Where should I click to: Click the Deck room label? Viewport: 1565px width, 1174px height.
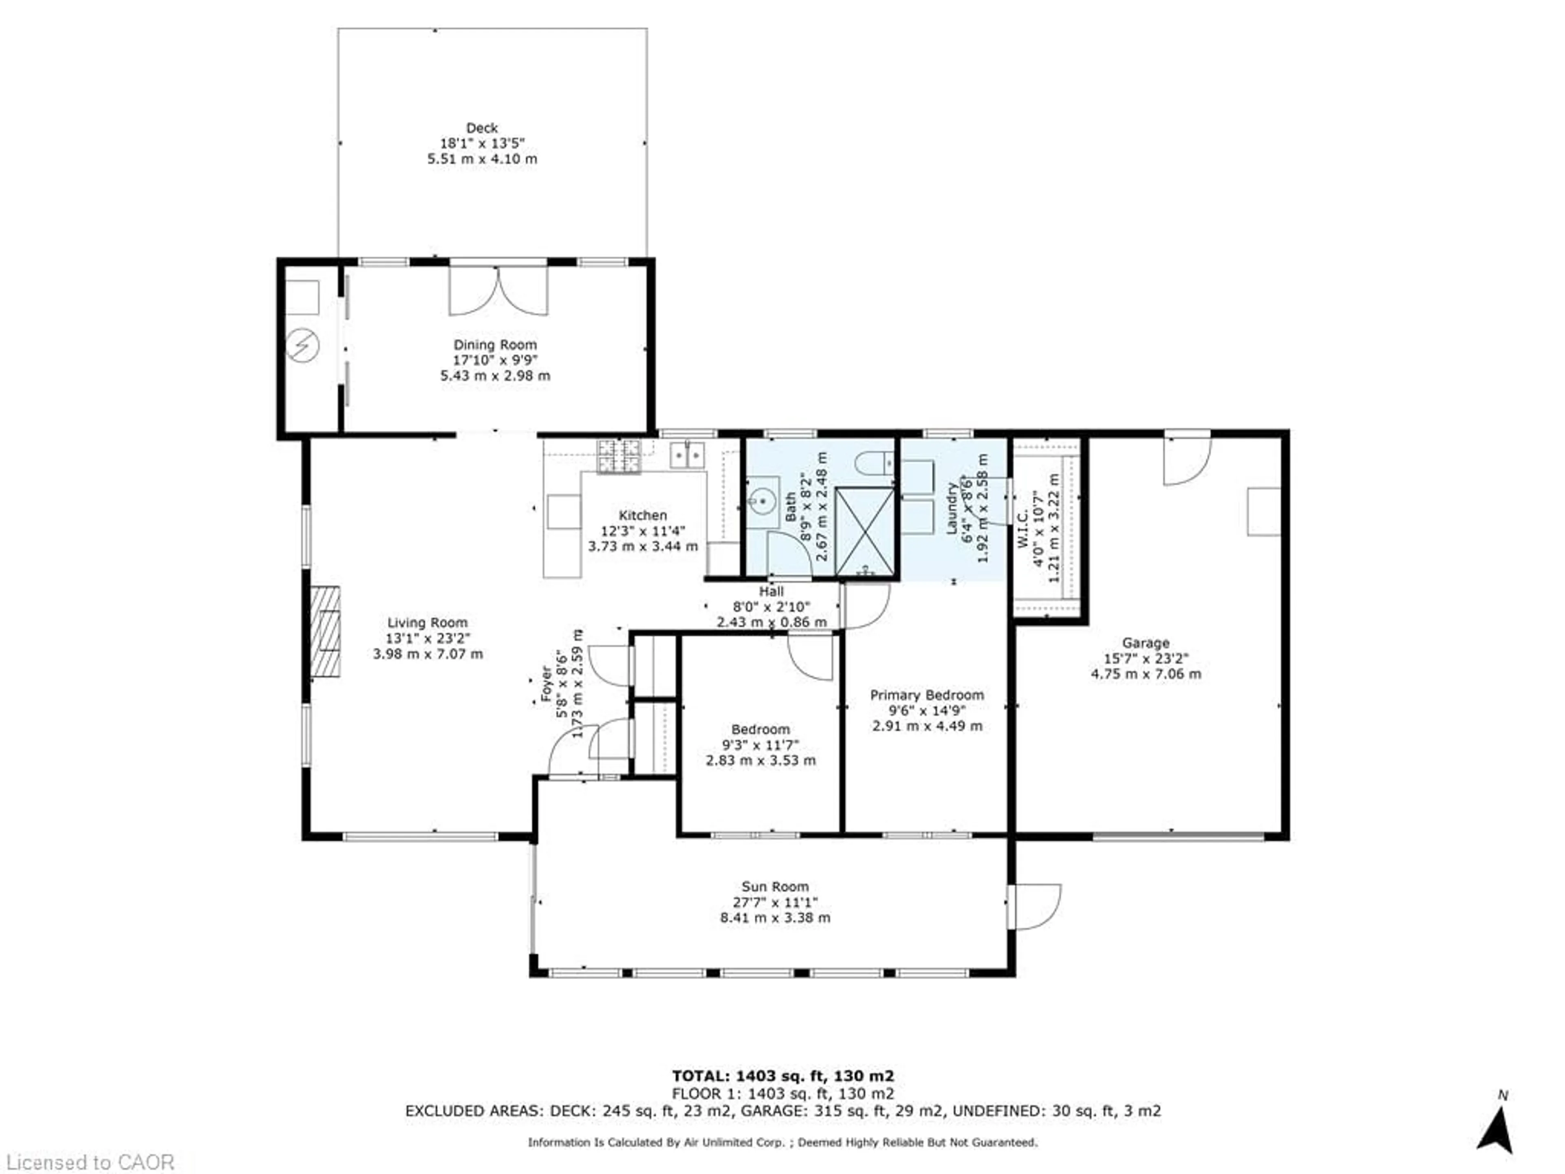point(482,128)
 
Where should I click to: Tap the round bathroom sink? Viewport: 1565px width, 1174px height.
point(762,503)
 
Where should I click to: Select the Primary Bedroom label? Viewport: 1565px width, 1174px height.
point(927,695)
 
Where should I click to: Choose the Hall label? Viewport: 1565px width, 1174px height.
point(771,591)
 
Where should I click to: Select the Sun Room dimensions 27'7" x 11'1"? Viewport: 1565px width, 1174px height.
point(775,902)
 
